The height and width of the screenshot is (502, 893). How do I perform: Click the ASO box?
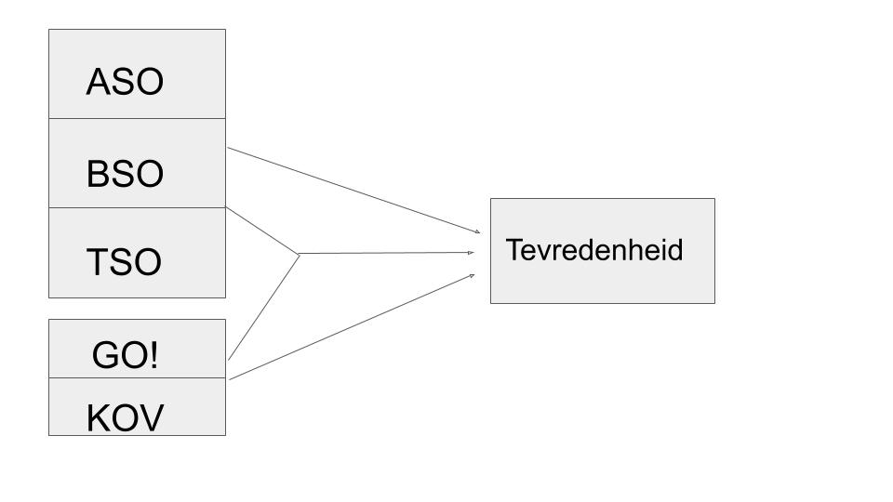point(138,74)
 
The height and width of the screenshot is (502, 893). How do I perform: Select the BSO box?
point(138,164)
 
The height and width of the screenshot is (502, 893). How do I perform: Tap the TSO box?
point(138,253)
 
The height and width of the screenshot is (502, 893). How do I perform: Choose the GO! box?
point(138,349)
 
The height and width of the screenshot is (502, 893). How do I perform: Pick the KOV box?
point(138,407)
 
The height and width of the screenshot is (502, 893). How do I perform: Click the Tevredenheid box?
point(603,251)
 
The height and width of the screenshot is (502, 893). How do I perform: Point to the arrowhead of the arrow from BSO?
point(477,231)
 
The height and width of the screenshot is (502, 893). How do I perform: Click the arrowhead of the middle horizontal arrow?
point(471,252)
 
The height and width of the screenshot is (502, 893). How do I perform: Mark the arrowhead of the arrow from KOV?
point(472,276)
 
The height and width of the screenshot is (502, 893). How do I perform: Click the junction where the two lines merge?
point(299,254)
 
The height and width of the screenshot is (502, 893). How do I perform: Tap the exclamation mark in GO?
point(153,354)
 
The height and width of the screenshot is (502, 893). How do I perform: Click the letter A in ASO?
point(98,82)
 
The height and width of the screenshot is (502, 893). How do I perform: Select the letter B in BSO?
point(98,174)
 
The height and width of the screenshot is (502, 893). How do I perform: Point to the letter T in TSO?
point(98,262)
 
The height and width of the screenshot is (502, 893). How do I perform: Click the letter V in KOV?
point(152,417)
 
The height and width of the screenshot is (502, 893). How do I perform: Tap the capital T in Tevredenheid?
point(513,250)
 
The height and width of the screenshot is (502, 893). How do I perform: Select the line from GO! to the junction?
point(263,308)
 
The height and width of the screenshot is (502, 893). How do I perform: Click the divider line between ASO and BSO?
point(138,118)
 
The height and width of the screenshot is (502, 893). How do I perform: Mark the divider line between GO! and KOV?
point(138,378)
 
